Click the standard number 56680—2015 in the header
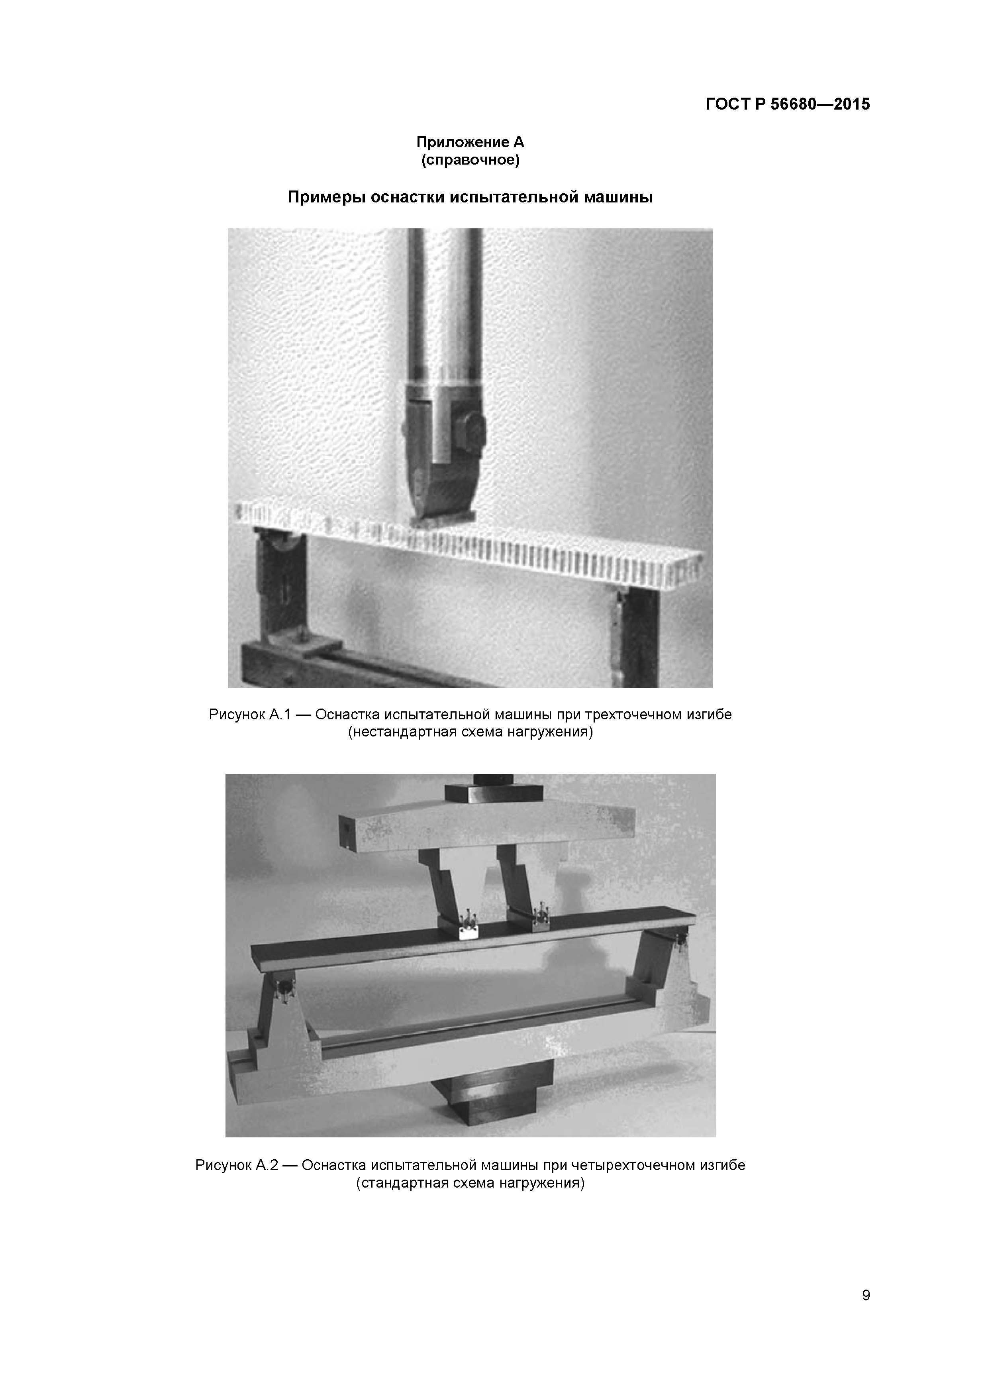820,104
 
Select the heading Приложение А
470,143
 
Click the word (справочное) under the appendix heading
470,160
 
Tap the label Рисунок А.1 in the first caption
251,714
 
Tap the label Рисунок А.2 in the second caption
237,1165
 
